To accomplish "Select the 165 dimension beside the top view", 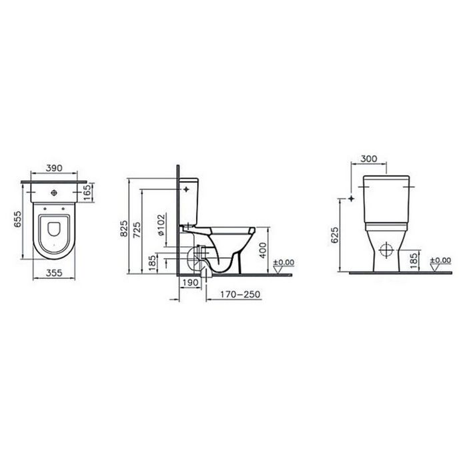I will click(88, 192).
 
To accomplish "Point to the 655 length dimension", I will click(18, 220).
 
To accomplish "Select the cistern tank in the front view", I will click(386, 188).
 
